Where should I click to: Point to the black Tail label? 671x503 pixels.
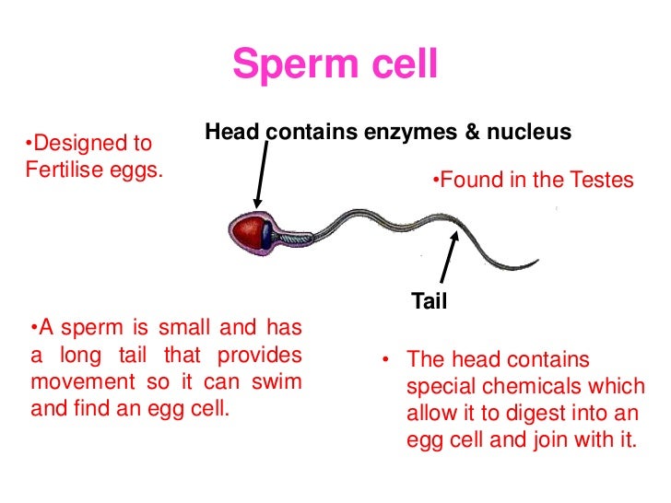click(429, 300)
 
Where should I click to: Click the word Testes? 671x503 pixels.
click(599, 180)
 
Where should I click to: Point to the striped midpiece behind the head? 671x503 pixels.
click(293, 237)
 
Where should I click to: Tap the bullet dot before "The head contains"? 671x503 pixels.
click(387, 360)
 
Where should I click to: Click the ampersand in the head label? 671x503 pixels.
click(472, 133)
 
